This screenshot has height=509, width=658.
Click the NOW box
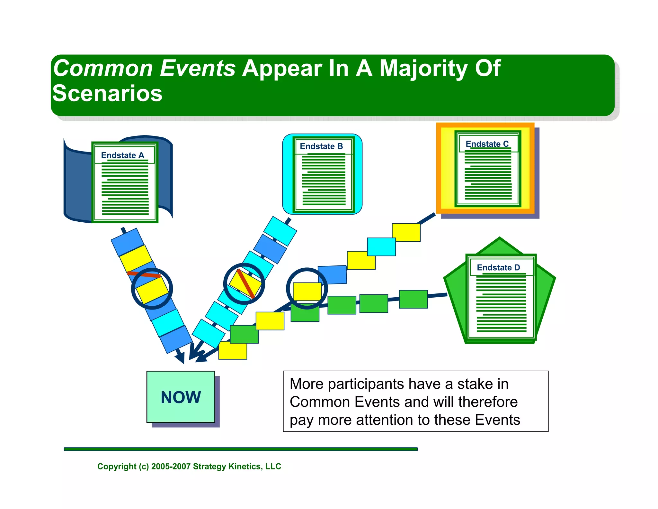coord(181,397)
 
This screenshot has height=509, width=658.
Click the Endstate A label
coord(122,155)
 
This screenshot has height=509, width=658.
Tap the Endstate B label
coord(321,146)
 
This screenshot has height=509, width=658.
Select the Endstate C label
coord(487,144)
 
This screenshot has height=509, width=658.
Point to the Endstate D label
coord(498,267)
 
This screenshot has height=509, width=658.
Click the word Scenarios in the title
coord(107,93)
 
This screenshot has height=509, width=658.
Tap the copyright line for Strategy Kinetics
coord(189,466)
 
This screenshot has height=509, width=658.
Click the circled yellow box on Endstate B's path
coord(245,283)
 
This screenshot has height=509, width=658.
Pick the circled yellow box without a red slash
coord(307,292)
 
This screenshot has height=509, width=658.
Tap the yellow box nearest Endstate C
coord(406,232)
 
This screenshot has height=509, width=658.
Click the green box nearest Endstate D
coord(413,299)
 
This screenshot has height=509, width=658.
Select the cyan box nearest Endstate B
coord(280,231)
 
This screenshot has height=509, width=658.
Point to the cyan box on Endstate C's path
coord(381,247)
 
